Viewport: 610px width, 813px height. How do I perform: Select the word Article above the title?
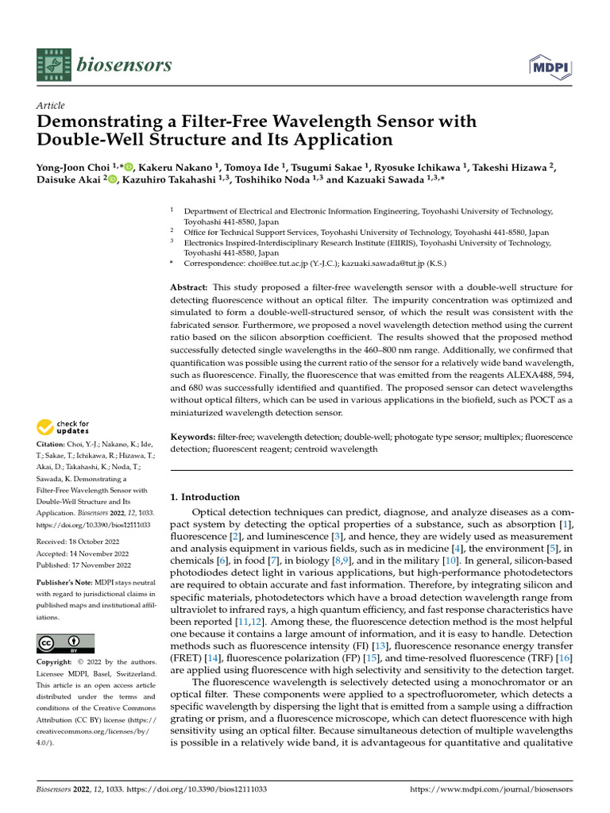coord(51,106)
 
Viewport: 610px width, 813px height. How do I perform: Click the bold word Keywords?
coord(194,437)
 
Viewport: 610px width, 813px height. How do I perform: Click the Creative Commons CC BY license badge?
coord(65,643)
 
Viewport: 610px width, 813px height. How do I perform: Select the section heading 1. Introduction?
coord(206,497)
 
